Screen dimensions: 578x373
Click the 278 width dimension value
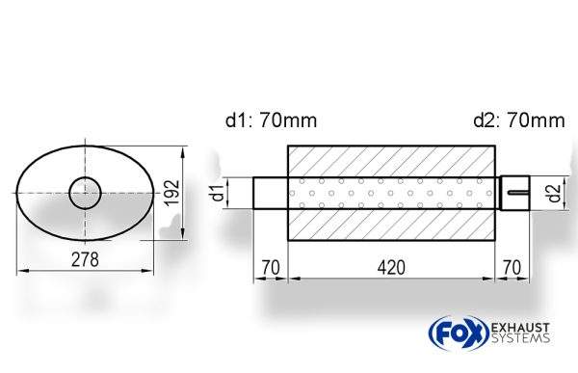click(85, 259)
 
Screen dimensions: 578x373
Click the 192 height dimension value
click(171, 192)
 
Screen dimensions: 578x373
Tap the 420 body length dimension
click(391, 268)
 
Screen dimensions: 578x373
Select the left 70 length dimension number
click(271, 268)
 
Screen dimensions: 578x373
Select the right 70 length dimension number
click(512, 268)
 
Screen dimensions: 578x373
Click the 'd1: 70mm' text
click(271, 120)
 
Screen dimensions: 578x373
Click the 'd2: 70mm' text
click(519, 120)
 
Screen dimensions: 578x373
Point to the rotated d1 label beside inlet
click(219, 193)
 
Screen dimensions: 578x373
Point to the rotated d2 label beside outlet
click(554, 193)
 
